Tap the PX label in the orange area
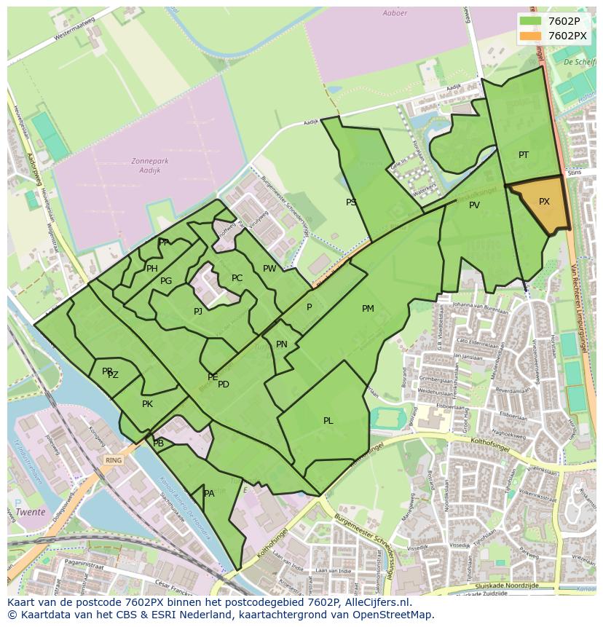point(544,202)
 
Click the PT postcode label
point(524,155)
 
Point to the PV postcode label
point(474,205)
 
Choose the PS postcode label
point(351,202)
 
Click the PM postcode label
point(368,309)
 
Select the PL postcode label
point(328,421)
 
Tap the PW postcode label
point(269,269)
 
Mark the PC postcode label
point(237,278)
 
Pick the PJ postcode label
point(198,312)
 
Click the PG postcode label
point(166,281)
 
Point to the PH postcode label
point(152,269)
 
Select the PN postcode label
point(282,344)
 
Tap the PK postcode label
point(147,404)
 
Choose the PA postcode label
point(209,494)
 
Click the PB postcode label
point(159,443)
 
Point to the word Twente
point(31,512)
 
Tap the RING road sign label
point(113,460)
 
